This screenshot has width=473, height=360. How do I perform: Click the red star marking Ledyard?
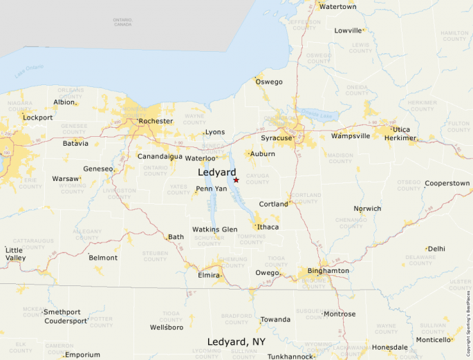coord(236,180)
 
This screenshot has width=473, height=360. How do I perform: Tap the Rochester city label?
coord(156,121)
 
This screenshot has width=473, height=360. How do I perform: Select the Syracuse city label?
coord(276,138)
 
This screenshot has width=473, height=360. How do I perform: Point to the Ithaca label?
coord(268,227)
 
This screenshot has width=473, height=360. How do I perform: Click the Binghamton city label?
coord(328,270)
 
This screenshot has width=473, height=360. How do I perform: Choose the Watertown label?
coord(337,6)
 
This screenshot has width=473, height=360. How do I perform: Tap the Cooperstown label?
coord(447,183)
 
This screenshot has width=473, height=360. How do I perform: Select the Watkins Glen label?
coord(214,229)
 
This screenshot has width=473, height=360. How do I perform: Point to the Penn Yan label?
coord(211,189)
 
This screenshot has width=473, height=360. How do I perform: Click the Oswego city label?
coord(269,82)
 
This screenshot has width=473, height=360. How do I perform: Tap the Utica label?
coord(400,129)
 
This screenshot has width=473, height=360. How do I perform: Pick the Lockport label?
coord(37,117)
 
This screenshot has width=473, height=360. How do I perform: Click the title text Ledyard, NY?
coord(236,342)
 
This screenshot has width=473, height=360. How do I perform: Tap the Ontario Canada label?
coord(122,22)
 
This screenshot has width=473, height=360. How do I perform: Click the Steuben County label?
coord(155,256)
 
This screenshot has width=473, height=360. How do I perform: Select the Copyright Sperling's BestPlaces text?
coord(468,322)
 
